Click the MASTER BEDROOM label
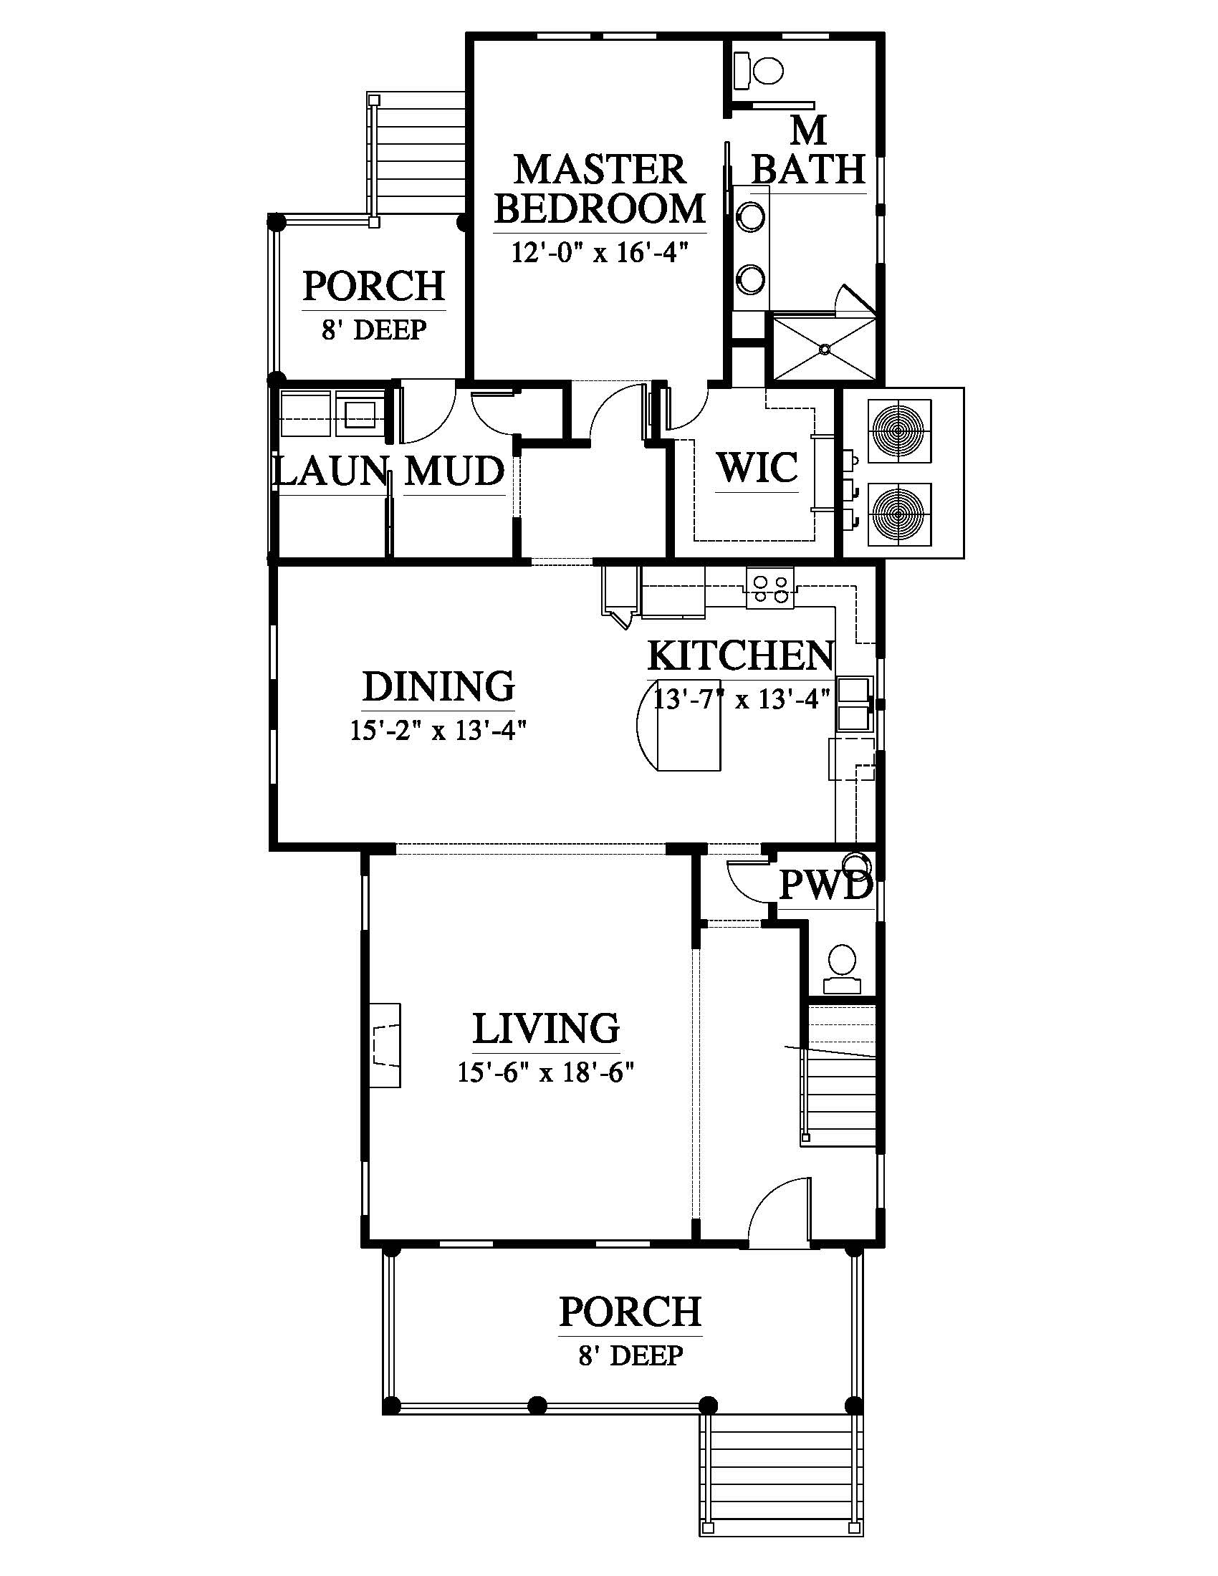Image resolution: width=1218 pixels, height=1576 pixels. (x=599, y=189)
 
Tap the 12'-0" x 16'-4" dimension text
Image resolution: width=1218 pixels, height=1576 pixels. (x=599, y=253)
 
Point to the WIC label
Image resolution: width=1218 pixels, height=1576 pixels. (x=757, y=467)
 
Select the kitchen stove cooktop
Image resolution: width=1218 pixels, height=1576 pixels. (x=770, y=587)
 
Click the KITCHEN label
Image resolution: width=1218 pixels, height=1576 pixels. (x=740, y=655)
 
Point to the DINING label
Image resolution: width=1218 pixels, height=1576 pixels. (x=438, y=686)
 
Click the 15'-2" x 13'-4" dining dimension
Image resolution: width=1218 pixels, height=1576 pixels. (x=438, y=731)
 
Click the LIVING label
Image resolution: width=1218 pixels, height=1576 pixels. (x=546, y=1027)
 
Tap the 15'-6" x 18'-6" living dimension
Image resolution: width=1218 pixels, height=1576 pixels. (x=545, y=1072)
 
